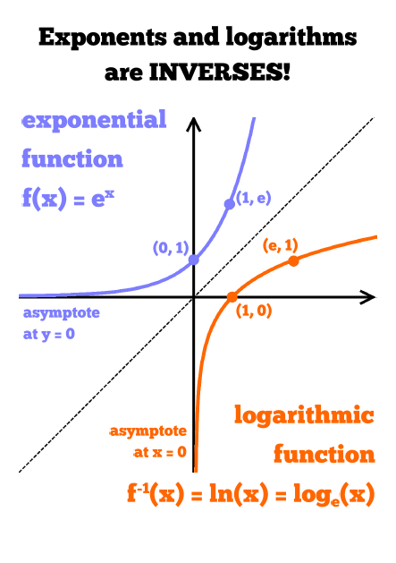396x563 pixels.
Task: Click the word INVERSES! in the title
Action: point(220,72)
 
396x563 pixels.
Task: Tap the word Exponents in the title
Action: point(103,38)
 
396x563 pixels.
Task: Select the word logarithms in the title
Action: point(291,38)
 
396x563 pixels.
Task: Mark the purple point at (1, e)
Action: point(230,204)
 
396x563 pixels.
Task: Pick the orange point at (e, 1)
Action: point(294,261)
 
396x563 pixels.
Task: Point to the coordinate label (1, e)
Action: point(253,198)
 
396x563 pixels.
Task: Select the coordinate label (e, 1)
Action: point(280,245)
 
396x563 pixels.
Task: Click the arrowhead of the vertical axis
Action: point(194,124)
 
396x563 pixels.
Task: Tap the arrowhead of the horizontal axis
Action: point(367,297)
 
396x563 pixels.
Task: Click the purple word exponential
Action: point(95,120)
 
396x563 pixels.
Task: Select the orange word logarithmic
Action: point(304,415)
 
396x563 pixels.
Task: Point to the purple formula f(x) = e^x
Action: point(68,197)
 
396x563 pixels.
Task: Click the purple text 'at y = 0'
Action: point(49,334)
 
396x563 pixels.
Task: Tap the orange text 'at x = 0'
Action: point(160,452)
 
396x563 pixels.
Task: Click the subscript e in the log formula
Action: point(334,501)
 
